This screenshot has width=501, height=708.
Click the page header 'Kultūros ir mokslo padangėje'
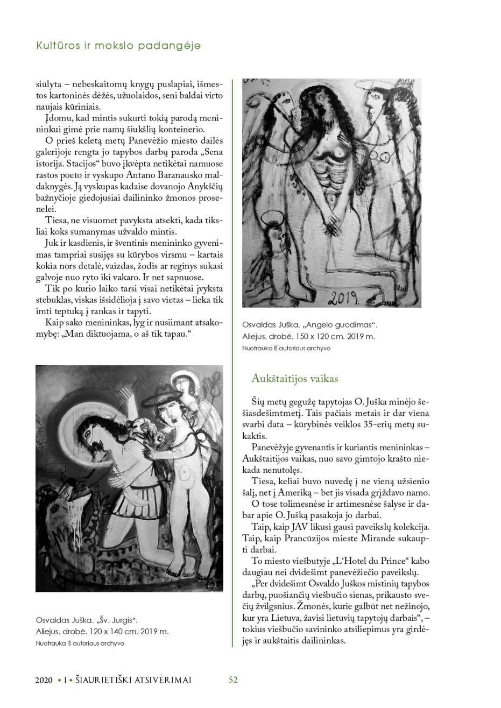coord(118,46)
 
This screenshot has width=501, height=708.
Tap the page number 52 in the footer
coord(233,679)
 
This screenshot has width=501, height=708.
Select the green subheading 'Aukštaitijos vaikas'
coord(294,378)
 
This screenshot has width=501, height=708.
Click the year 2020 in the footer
coord(44,680)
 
